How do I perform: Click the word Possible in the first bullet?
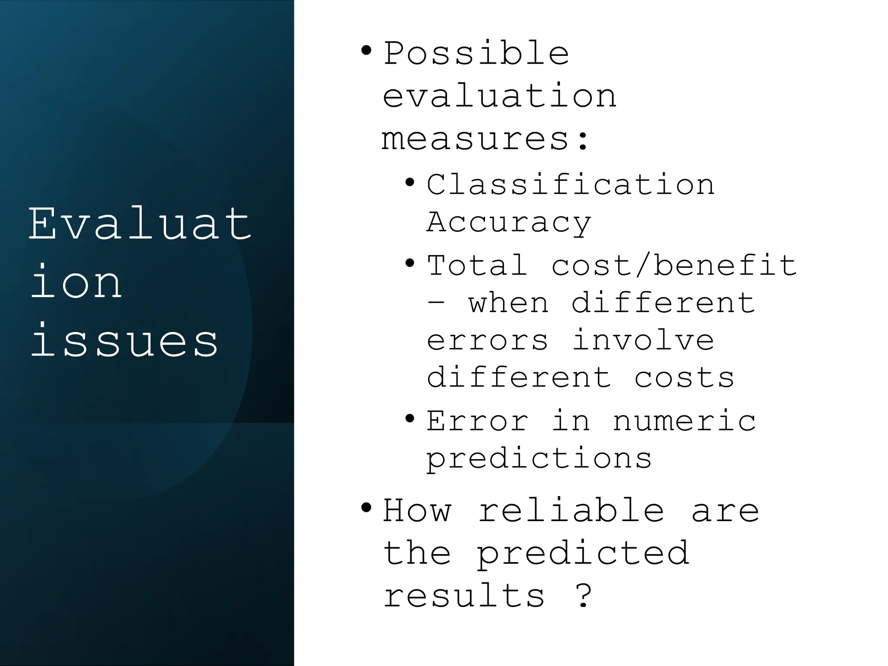pyautogui.click(x=476, y=54)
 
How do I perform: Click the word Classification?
pyautogui.click(x=570, y=185)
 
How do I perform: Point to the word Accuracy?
pyautogui.click(x=509, y=222)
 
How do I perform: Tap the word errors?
pyautogui.click(x=487, y=340)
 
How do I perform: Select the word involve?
pyautogui.click(x=643, y=340)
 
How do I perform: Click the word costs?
pyautogui.click(x=684, y=377)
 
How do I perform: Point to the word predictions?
pyautogui.click(x=539, y=459)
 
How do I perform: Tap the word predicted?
pyautogui.click(x=583, y=554)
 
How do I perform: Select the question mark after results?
pyautogui.click(x=584, y=596)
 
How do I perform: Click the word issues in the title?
pyautogui.click(x=124, y=342)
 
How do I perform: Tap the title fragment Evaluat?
pyautogui.click(x=140, y=224)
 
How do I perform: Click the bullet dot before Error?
pyautogui.click(x=409, y=419)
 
